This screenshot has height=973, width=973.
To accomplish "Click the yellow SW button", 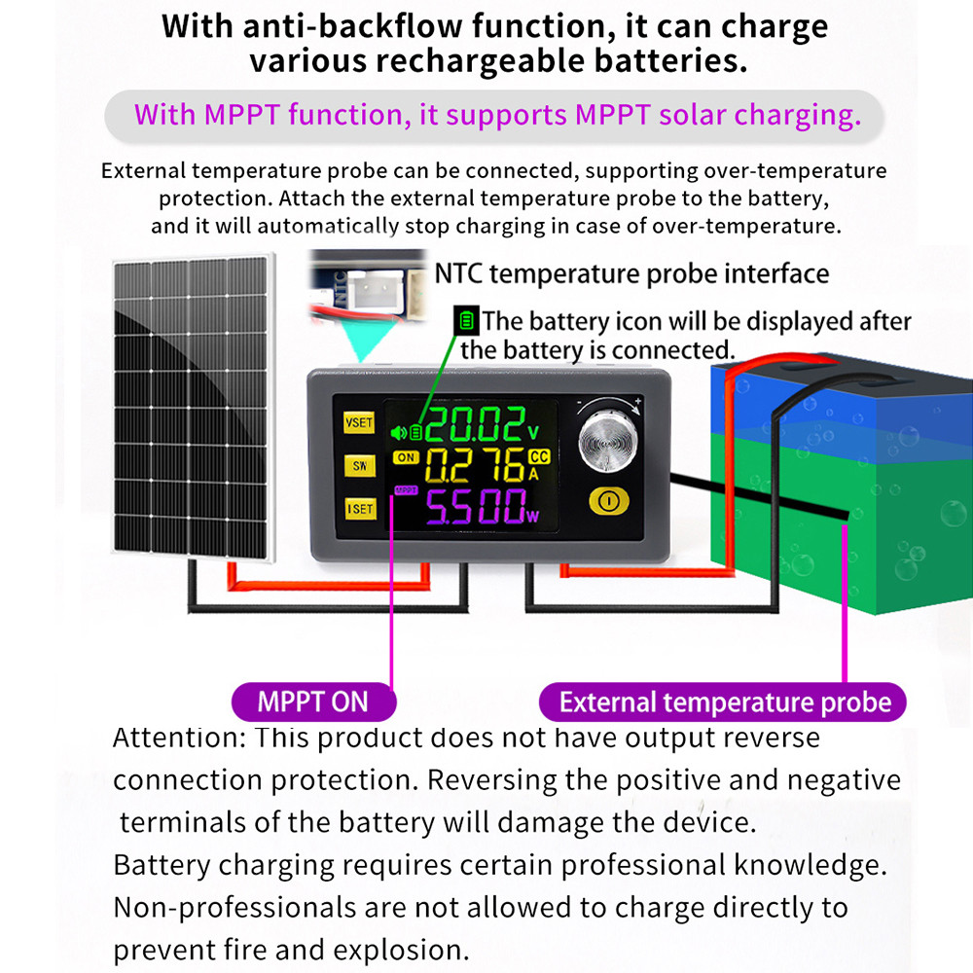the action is [x=360, y=465].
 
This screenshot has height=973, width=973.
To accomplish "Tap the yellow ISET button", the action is [x=361, y=509].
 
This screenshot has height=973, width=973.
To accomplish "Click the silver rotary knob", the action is [x=607, y=440].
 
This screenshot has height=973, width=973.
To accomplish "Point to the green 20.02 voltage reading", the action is [x=475, y=424].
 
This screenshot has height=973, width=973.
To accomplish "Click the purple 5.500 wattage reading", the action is [x=476, y=506].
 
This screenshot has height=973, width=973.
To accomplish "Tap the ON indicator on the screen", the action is [x=406, y=457].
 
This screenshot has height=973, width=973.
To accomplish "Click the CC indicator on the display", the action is [x=539, y=456].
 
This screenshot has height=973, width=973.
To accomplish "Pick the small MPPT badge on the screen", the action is [x=406, y=490].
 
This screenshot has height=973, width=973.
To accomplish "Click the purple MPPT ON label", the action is [x=313, y=702].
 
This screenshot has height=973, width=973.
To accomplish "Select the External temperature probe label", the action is [x=723, y=702].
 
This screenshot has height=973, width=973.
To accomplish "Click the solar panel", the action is [x=193, y=407].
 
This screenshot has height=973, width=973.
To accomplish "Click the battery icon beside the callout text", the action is [x=466, y=321].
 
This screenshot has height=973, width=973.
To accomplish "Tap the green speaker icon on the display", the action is [x=399, y=432].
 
